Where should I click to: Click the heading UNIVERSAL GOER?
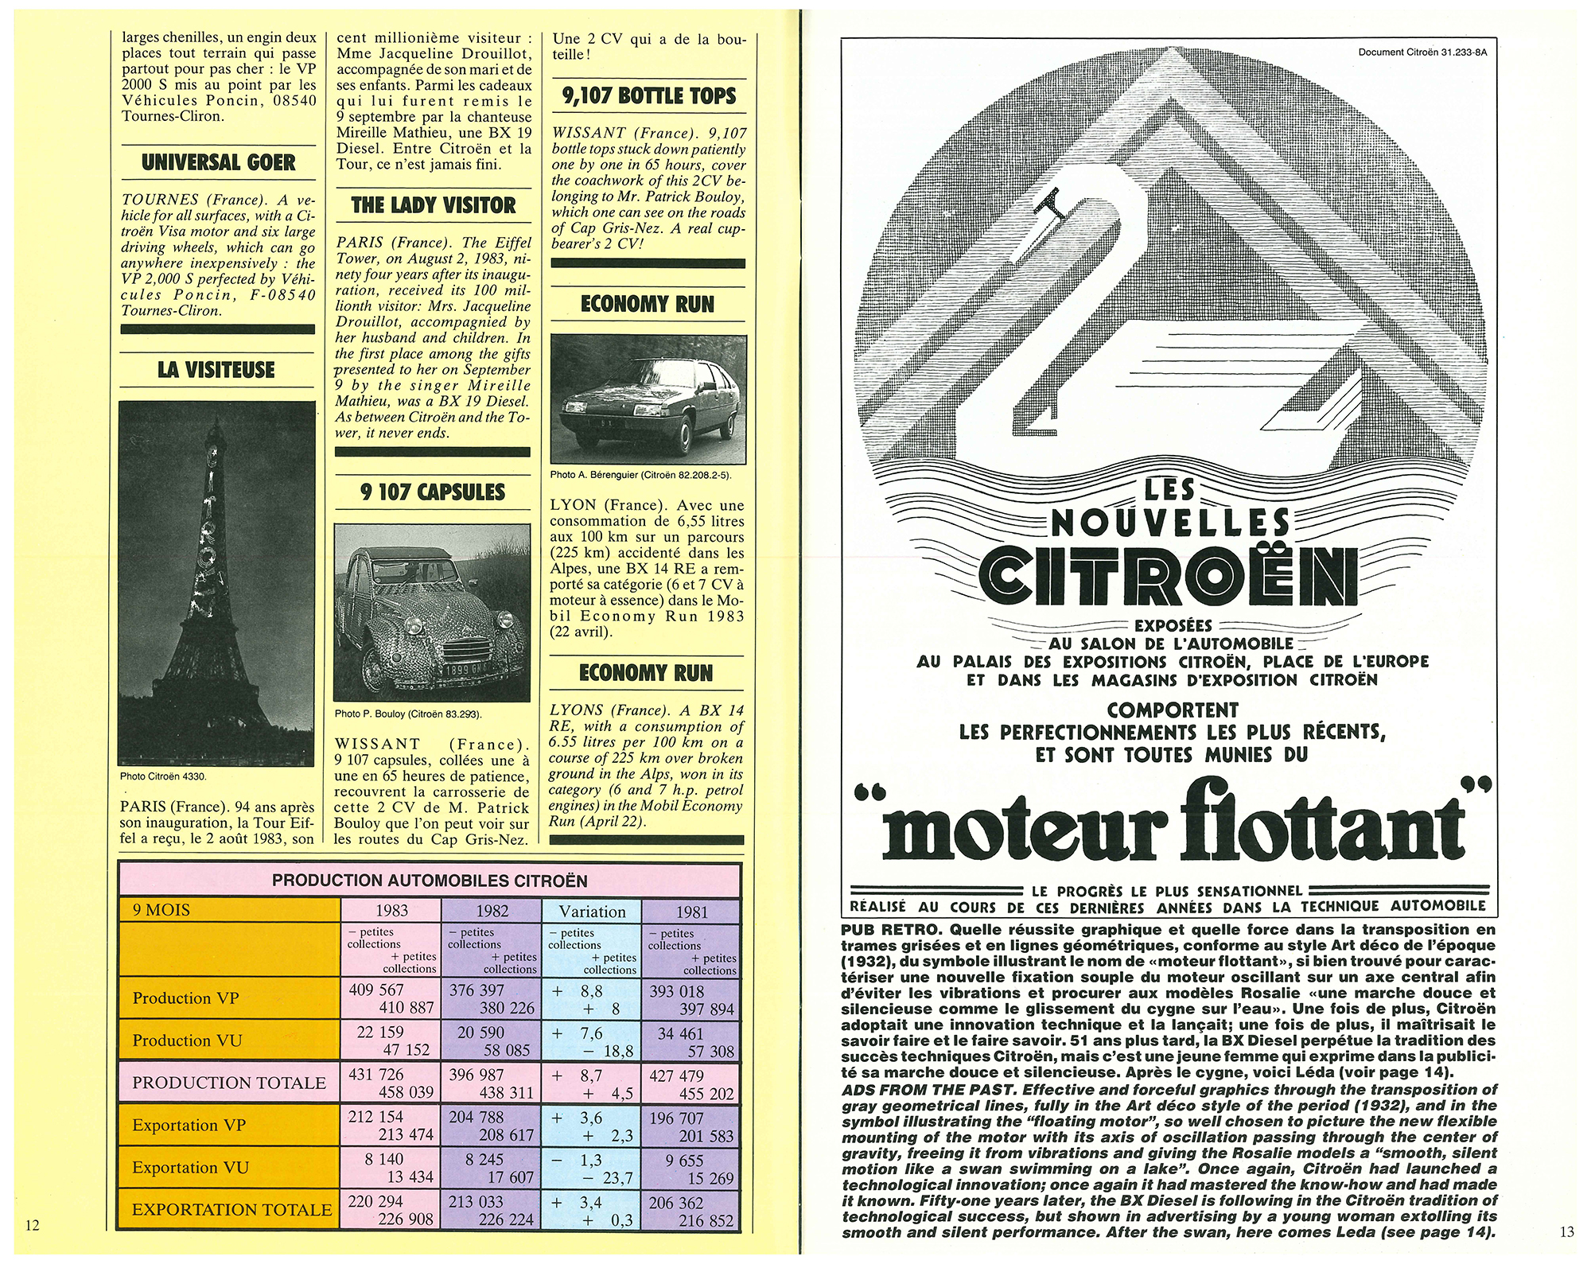click(218, 163)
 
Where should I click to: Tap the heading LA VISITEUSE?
click(216, 370)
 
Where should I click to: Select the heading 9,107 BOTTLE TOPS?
click(648, 96)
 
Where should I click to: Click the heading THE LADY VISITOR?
click(433, 205)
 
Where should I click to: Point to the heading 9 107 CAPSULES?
click(433, 492)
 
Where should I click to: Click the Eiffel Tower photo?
click(216, 583)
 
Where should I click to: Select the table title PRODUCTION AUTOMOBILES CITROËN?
click(430, 881)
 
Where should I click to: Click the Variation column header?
click(592, 912)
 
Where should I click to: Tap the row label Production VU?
click(187, 1040)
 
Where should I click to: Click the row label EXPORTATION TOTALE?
click(231, 1209)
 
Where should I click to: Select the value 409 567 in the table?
click(376, 990)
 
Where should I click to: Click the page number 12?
click(32, 1225)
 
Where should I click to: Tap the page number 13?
click(1566, 1232)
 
